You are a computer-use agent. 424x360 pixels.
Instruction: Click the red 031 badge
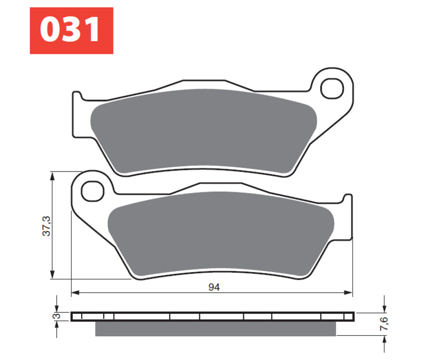coord(71,30)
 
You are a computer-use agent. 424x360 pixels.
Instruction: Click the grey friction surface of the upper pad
coord(201,130)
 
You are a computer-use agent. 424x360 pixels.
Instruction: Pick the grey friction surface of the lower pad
coord(220,233)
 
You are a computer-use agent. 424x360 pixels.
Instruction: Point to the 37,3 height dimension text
coord(46,225)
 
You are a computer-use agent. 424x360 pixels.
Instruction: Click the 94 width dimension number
coord(214,287)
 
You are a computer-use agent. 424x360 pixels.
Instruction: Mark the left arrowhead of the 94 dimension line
coord(75,292)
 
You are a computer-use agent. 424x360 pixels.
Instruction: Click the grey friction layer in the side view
coord(215,329)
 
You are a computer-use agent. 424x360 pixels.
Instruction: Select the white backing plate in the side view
coord(212,317)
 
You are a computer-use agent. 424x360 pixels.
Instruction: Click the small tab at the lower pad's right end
coord(348,199)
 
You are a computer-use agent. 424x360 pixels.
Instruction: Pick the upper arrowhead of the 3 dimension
coord(57,309)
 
